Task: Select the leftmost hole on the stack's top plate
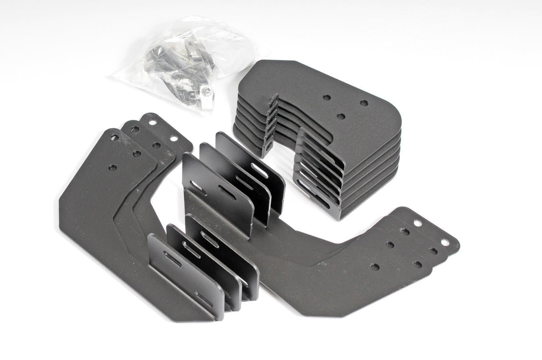click(x=327, y=97)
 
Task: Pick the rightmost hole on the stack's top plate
click(x=364, y=103)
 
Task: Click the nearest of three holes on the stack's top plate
click(x=341, y=116)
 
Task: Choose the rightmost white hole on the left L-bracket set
click(x=174, y=138)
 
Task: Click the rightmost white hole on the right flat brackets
click(x=444, y=242)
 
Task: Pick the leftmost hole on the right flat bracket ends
click(x=375, y=266)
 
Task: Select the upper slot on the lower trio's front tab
click(x=173, y=259)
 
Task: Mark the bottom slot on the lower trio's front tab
click(x=204, y=298)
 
